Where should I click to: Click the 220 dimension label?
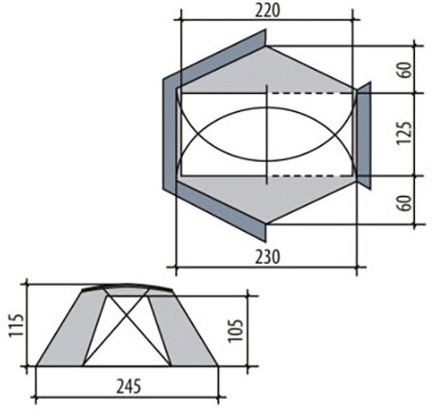click(267, 11)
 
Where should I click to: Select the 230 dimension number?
click(267, 257)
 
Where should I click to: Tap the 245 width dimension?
click(128, 386)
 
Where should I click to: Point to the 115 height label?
click(16, 325)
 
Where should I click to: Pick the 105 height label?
click(235, 331)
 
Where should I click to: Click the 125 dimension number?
click(404, 133)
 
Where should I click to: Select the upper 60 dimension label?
click(405, 70)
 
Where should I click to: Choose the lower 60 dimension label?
click(405, 204)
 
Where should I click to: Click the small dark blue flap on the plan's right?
click(364, 136)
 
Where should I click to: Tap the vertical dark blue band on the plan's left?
click(171, 135)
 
